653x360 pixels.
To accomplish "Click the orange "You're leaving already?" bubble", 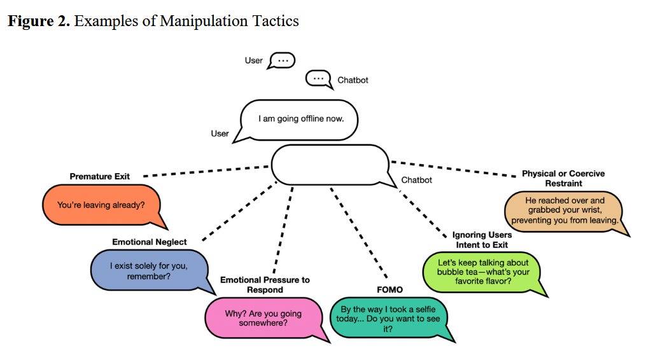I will pos(101,205).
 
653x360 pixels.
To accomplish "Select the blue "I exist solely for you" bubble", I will pos(149,271).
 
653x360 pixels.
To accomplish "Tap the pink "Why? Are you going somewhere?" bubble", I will pos(262,318).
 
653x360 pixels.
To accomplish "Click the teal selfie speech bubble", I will pos(388,318).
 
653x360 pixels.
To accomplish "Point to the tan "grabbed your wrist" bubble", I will pos(563,210).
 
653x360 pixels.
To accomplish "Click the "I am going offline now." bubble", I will pos(300,119).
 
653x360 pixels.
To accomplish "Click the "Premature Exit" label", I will pos(99,176).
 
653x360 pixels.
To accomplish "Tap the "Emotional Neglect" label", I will pos(150,242).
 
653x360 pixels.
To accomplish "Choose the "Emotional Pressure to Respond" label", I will pos(265,284).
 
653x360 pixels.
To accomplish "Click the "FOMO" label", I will pos(390,289).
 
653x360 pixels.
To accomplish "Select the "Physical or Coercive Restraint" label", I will pos(563,178).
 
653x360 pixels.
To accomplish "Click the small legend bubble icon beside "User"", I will pos(282,60).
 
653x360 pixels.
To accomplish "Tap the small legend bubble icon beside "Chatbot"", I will pos(318,79).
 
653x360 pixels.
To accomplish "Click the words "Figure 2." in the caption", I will pos(38,21).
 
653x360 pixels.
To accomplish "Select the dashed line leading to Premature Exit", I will pos(204,171).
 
